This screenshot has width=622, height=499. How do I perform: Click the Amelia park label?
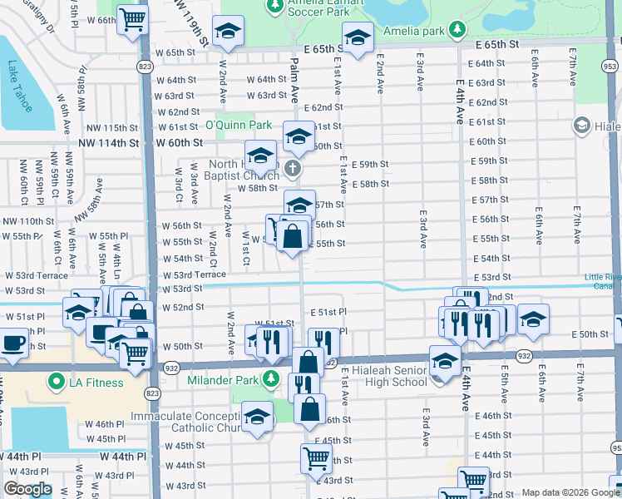pyautogui.click(x=414, y=31)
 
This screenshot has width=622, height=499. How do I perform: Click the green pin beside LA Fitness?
pyautogui.click(x=57, y=383)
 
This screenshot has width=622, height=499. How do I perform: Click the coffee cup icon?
pyautogui.click(x=13, y=342)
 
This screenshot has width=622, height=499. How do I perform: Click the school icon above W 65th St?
pyautogui.click(x=226, y=32)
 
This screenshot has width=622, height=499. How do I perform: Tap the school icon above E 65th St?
pyautogui.click(x=358, y=38)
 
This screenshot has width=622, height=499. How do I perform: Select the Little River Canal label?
pyautogui.click(x=602, y=281)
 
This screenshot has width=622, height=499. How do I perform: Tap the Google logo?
pyautogui.click(x=27, y=489)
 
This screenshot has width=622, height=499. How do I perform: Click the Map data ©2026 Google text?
pyautogui.click(x=570, y=492)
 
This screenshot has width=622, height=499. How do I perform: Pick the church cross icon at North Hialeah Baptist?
pyautogui.click(x=292, y=170)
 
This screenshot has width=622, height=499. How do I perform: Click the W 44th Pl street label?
pyautogui.click(x=123, y=457)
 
